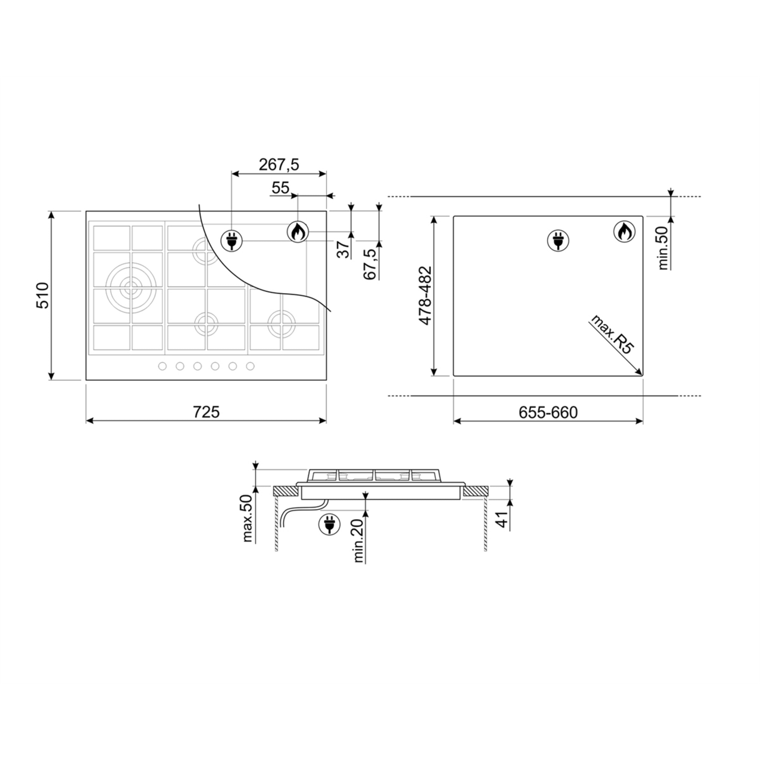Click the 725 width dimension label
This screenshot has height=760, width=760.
pos(206,412)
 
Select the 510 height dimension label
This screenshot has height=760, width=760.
pos(42,295)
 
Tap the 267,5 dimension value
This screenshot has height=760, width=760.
pos(279,164)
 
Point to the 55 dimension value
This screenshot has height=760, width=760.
pos(280,188)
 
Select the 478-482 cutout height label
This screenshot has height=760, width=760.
pos(425,296)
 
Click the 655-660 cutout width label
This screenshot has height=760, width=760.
pos(548,412)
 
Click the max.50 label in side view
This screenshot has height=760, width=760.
pos(247,518)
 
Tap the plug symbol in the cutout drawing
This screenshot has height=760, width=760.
pos(558,240)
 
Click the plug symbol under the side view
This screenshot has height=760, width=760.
pos(329,524)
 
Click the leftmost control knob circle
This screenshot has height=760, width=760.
pos(162,366)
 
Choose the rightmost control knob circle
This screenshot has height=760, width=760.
pos(250,366)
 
